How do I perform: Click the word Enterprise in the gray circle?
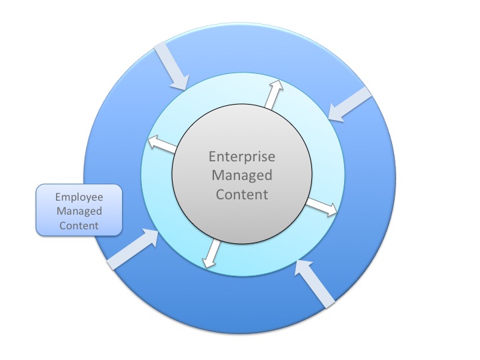[x=241, y=157]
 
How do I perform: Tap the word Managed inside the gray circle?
[x=241, y=176]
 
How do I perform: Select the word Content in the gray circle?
[x=241, y=195]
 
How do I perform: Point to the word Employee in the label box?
[x=79, y=197]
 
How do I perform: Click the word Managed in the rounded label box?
[x=79, y=211]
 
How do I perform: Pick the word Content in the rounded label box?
[x=79, y=225]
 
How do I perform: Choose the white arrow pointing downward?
[x=212, y=253]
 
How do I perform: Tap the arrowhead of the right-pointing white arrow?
[x=331, y=210]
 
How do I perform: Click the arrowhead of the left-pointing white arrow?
[x=151, y=141]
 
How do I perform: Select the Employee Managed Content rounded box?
[x=79, y=211]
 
